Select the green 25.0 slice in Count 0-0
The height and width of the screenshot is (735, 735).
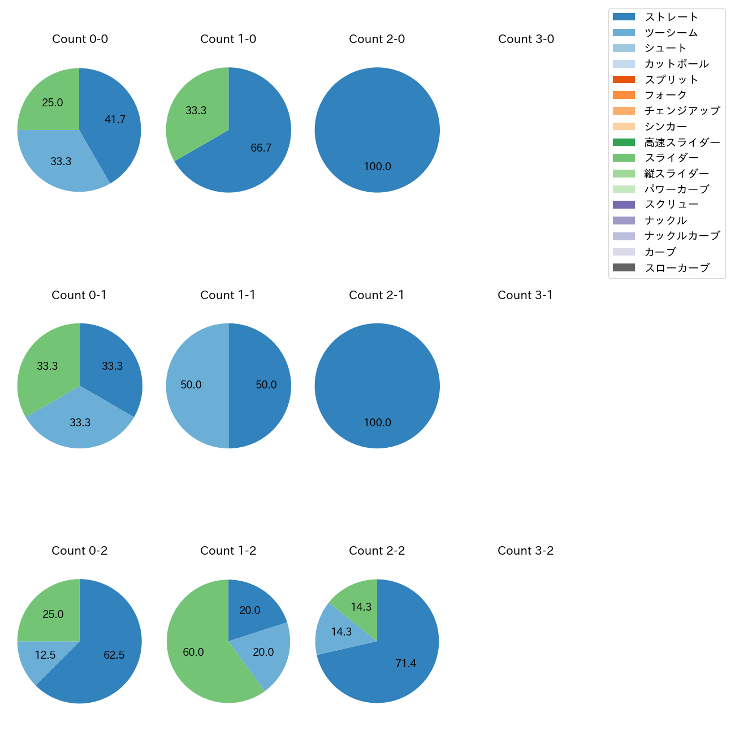(51, 102)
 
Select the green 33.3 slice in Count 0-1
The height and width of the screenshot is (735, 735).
(45, 367)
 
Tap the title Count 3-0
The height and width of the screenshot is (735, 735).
(526, 39)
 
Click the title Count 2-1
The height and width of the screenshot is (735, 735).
(377, 295)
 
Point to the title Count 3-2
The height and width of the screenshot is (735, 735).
(525, 551)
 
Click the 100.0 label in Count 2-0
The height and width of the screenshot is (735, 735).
(377, 167)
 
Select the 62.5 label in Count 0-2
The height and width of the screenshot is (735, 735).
(114, 655)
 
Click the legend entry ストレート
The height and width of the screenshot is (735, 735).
(671, 17)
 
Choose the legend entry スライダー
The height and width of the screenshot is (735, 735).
(671, 158)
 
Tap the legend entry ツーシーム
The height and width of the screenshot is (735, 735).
(671, 33)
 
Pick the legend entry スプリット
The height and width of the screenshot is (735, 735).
(671, 80)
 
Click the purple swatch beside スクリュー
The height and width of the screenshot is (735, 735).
(624, 205)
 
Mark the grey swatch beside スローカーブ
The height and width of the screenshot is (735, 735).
(624, 267)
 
